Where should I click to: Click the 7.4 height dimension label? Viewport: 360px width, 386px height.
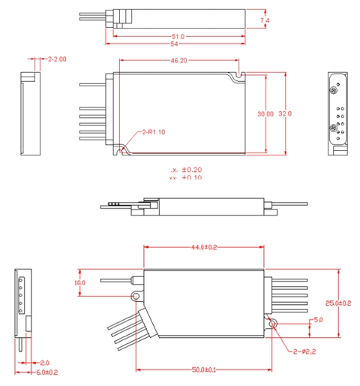pos(263,21)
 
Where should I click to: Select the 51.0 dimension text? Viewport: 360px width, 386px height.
pos(178,36)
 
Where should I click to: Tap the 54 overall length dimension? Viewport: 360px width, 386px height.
pos(178,44)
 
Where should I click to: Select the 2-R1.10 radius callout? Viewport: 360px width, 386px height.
pos(153,132)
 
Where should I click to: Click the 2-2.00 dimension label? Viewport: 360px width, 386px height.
pos(57,59)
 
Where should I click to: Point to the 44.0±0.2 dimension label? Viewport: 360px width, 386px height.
pos(203,246)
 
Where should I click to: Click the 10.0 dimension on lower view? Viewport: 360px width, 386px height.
pos(80,282)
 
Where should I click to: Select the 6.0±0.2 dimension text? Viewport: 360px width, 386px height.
pos(46,372)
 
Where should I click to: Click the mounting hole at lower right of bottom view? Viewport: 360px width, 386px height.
pos(273,324)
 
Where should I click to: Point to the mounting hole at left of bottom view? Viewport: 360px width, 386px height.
pos(136,296)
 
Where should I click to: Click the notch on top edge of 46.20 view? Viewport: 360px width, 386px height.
pos(238,74)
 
